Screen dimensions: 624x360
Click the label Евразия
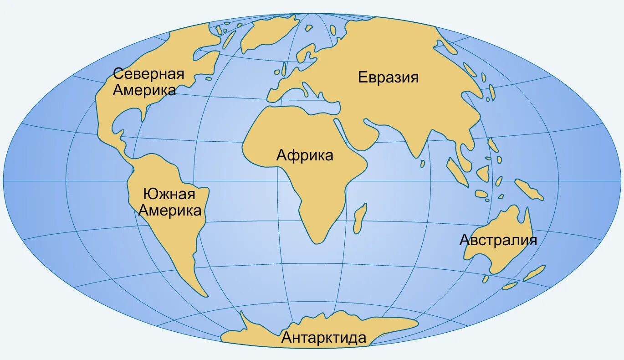coord(388,77)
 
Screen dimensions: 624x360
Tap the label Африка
coord(305,155)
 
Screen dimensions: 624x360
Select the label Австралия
coord(498,240)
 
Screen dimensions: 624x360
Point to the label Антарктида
coord(323,338)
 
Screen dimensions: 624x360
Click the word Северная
coord(148,73)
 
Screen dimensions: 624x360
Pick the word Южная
coord(169,195)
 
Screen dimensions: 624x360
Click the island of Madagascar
coord(360,217)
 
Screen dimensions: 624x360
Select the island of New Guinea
coord(529,189)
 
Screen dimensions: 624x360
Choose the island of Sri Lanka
coord(423,163)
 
